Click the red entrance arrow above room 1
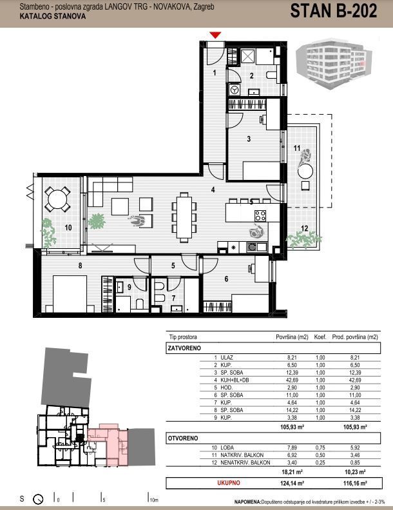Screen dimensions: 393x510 pyautogui.click(x=215, y=35)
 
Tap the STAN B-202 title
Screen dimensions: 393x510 pyautogui.click(x=334, y=11)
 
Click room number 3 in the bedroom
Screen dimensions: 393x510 pyautogui.click(x=249, y=139)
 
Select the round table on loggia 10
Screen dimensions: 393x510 pyautogui.click(x=57, y=199)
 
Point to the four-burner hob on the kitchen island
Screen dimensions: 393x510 pyautogui.click(x=260, y=215)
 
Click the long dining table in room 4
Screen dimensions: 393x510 pyautogui.click(x=184, y=217)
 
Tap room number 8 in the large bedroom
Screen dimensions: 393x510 pyautogui.click(x=80, y=266)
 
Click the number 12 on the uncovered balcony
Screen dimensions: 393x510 pyautogui.click(x=304, y=228)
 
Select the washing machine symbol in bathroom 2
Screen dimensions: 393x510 pyautogui.click(x=234, y=89)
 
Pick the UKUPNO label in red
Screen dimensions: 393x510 pyautogui.click(x=229, y=483)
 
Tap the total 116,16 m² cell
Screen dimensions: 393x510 pyautogui.click(x=355, y=484)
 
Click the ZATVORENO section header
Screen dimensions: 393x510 pyautogui.click(x=184, y=348)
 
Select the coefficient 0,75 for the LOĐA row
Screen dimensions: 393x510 pyautogui.click(x=320, y=447)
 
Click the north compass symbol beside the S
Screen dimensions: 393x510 pyautogui.click(x=39, y=498)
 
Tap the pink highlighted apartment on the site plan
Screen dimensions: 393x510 pyautogui.click(x=108, y=444)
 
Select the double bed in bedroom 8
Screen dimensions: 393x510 pyautogui.click(x=70, y=295)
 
